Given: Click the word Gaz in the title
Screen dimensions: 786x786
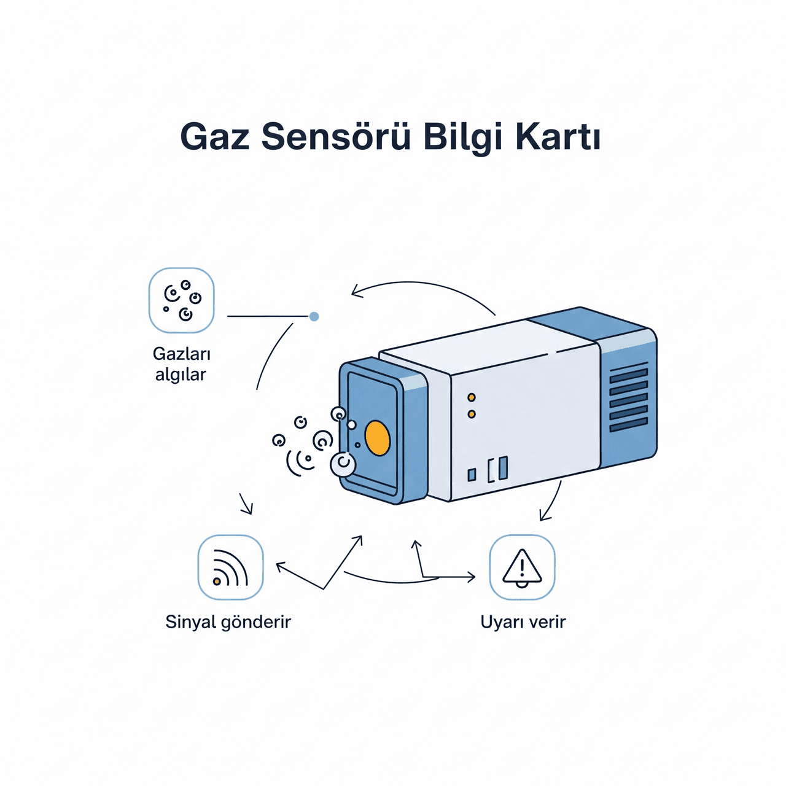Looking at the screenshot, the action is click(214, 137).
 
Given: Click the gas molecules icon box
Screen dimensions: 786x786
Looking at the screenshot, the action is click(182, 300).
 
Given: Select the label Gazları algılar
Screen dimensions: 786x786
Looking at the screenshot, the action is click(181, 364).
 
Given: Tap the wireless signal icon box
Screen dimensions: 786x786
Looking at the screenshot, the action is click(230, 567).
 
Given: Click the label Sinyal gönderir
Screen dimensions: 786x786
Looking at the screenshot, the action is click(228, 623).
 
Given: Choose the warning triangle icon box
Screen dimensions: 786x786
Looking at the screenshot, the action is click(522, 567).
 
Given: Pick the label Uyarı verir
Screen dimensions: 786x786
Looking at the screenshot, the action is click(523, 623).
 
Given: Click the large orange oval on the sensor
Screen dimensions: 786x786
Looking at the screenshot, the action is click(377, 438).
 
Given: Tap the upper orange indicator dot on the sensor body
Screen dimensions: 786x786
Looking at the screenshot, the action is click(472, 397).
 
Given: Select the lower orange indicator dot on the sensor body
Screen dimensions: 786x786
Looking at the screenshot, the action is click(472, 414).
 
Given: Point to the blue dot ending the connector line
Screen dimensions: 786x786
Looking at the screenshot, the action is click(314, 316).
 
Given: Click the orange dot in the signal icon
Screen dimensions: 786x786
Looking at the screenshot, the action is click(217, 581).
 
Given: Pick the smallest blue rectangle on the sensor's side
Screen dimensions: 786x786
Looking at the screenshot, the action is click(472, 475).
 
